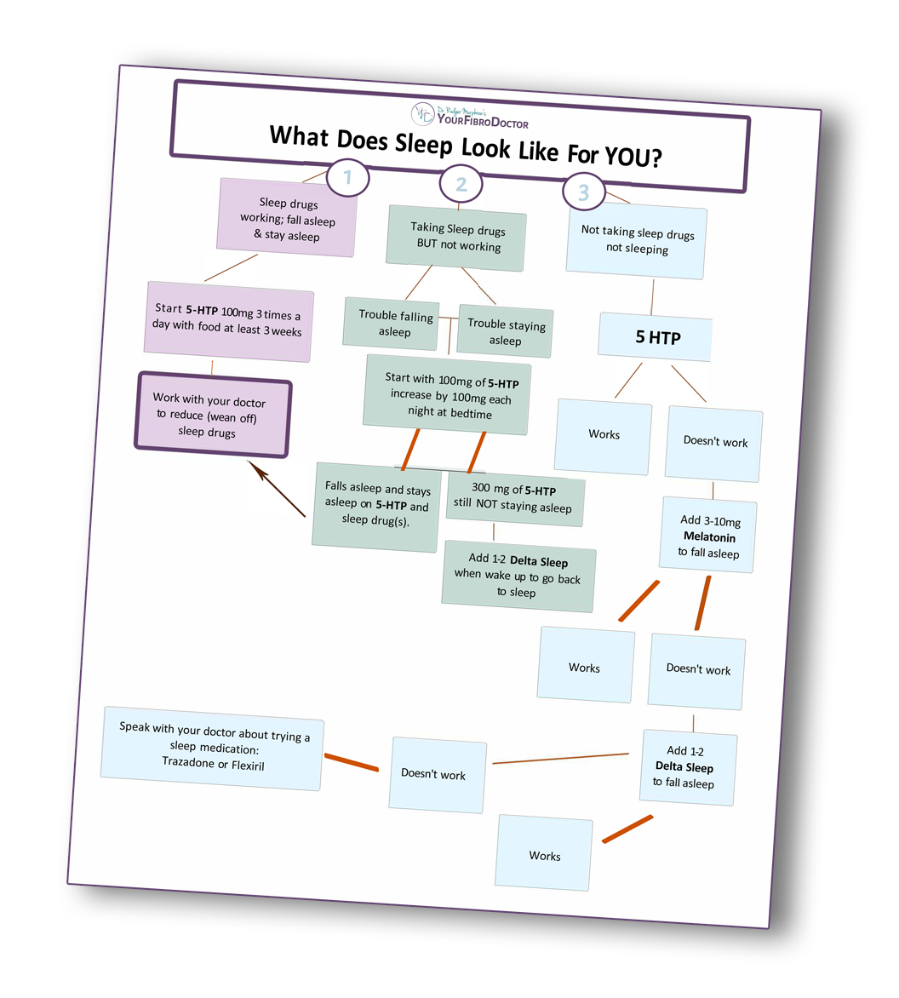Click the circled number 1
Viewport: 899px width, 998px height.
click(346, 178)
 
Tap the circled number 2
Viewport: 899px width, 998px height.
click(461, 184)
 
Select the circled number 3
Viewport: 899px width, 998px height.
click(583, 192)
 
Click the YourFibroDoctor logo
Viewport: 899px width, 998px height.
click(470, 117)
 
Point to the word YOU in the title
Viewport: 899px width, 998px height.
click(632, 156)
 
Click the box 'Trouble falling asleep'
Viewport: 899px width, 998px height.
click(392, 324)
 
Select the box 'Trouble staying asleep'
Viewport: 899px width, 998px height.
click(505, 332)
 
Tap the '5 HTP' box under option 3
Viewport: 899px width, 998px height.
click(656, 337)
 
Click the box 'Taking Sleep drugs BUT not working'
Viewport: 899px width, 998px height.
click(457, 238)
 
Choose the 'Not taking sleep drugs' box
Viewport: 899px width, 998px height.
click(637, 242)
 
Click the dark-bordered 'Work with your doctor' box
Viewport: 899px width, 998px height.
click(211, 416)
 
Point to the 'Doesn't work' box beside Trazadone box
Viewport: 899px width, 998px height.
click(436, 774)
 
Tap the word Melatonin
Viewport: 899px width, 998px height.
click(709, 537)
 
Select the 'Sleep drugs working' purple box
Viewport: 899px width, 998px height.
click(287, 219)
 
